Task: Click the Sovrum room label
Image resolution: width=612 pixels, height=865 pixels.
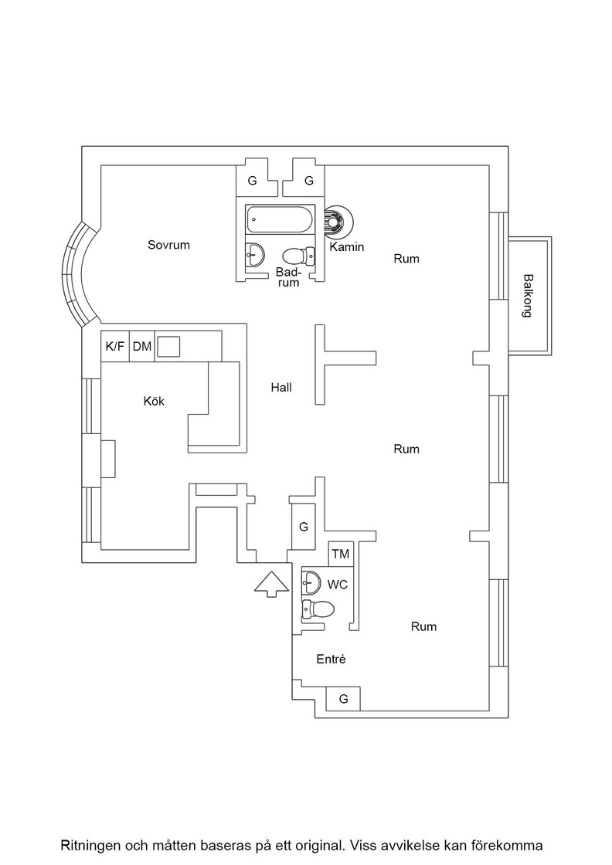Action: (x=168, y=245)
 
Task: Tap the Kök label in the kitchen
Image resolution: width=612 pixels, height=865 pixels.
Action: (x=154, y=401)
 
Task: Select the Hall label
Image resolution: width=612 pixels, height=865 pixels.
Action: (x=281, y=387)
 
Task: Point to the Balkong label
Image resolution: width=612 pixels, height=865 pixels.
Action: (x=528, y=296)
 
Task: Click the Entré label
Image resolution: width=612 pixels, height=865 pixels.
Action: (x=331, y=659)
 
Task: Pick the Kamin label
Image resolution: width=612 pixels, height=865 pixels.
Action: (x=346, y=247)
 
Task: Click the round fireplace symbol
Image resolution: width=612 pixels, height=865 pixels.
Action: (x=337, y=222)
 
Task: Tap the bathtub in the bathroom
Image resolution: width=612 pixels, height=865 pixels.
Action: (x=280, y=220)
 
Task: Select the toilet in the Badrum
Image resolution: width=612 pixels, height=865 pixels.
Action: (x=298, y=256)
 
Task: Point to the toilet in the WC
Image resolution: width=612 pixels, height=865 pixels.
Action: (x=318, y=609)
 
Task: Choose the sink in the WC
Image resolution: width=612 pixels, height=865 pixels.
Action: (x=311, y=583)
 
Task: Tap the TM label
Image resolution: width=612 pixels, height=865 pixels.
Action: (x=341, y=554)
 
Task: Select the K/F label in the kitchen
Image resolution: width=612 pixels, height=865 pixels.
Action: (x=115, y=347)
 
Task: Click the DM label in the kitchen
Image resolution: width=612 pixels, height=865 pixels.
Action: (x=142, y=347)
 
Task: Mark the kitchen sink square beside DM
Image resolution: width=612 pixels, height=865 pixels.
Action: (x=169, y=347)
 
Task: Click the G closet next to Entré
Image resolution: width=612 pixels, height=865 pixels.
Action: (x=342, y=699)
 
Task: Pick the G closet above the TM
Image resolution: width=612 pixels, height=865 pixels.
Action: (x=304, y=527)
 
